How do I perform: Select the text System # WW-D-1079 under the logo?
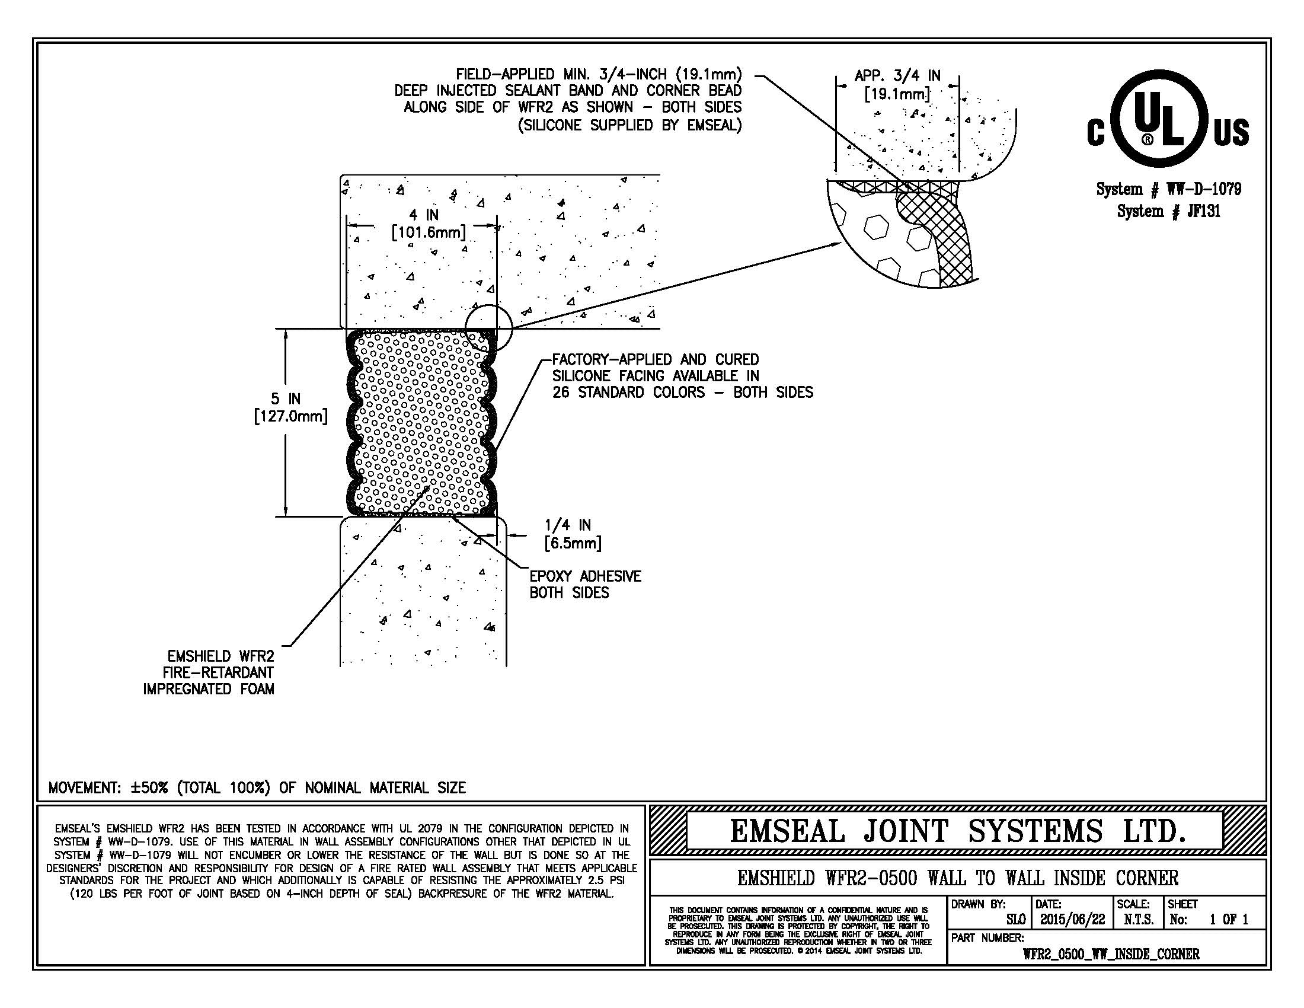1168,189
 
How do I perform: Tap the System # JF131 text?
1168,211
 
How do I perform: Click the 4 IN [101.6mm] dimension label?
427,224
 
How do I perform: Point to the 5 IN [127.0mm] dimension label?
290,408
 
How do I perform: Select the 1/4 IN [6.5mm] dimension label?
572,534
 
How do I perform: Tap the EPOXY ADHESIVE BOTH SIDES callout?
584,585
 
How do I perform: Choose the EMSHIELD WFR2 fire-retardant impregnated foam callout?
209,672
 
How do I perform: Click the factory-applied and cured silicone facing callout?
681,376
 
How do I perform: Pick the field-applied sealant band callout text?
568,99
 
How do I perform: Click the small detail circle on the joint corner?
488,327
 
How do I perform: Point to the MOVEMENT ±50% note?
257,787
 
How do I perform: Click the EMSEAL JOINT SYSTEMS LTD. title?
957,831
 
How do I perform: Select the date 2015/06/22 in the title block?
1072,919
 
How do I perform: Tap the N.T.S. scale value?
1138,919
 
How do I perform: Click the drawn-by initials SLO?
1015,920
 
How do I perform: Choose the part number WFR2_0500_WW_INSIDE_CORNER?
1111,954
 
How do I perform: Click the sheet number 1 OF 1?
1228,919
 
